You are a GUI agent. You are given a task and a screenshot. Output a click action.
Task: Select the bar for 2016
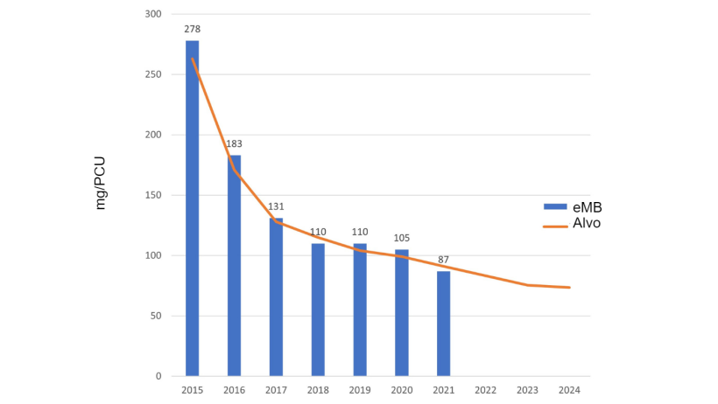pos(234,266)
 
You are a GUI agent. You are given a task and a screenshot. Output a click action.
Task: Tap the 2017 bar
pos(276,297)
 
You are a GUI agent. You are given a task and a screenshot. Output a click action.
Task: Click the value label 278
pos(192,30)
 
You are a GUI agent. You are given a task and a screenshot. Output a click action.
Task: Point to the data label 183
pos(234,144)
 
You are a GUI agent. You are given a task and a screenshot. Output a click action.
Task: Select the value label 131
pos(276,207)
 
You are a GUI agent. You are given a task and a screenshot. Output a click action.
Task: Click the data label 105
pos(402,238)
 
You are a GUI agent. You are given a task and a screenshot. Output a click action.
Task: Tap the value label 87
pos(444,260)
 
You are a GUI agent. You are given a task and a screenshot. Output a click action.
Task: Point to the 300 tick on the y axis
pos(154,14)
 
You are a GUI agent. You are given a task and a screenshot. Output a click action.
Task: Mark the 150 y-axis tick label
pos(154,195)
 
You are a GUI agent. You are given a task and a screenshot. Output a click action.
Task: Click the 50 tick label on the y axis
pos(157,316)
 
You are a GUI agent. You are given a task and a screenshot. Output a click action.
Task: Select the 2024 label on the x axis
pos(570,389)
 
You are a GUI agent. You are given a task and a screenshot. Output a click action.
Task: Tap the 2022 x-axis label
pos(486,389)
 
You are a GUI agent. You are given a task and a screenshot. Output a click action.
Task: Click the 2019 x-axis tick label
pos(360,389)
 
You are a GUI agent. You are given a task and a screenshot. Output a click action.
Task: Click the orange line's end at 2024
pos(570,288)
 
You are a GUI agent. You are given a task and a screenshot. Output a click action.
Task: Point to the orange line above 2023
pos(528,285)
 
